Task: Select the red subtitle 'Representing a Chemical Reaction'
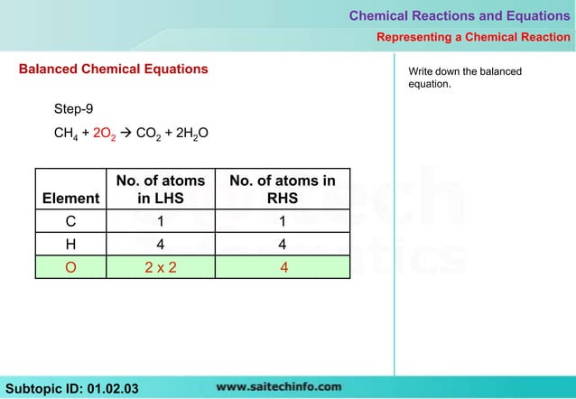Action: coord(473,37)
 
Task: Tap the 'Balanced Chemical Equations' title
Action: coord(113,69)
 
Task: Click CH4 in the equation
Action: coord(66,135)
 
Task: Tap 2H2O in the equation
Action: coord(191,135)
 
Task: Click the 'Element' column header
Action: coord(70,198)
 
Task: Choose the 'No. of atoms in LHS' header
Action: coord(160,190)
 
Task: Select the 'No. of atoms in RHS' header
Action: coord(283,190)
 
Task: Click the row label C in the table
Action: coord(70,221)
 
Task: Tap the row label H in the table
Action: coord(70,244)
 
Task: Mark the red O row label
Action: coord(70,266)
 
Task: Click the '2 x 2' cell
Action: coord(160,266)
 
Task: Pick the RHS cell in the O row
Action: coord(283,266)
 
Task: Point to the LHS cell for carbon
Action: coord(160,221)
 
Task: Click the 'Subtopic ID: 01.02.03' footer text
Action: coord(72,388)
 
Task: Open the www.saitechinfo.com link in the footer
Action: coord(279,387)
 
